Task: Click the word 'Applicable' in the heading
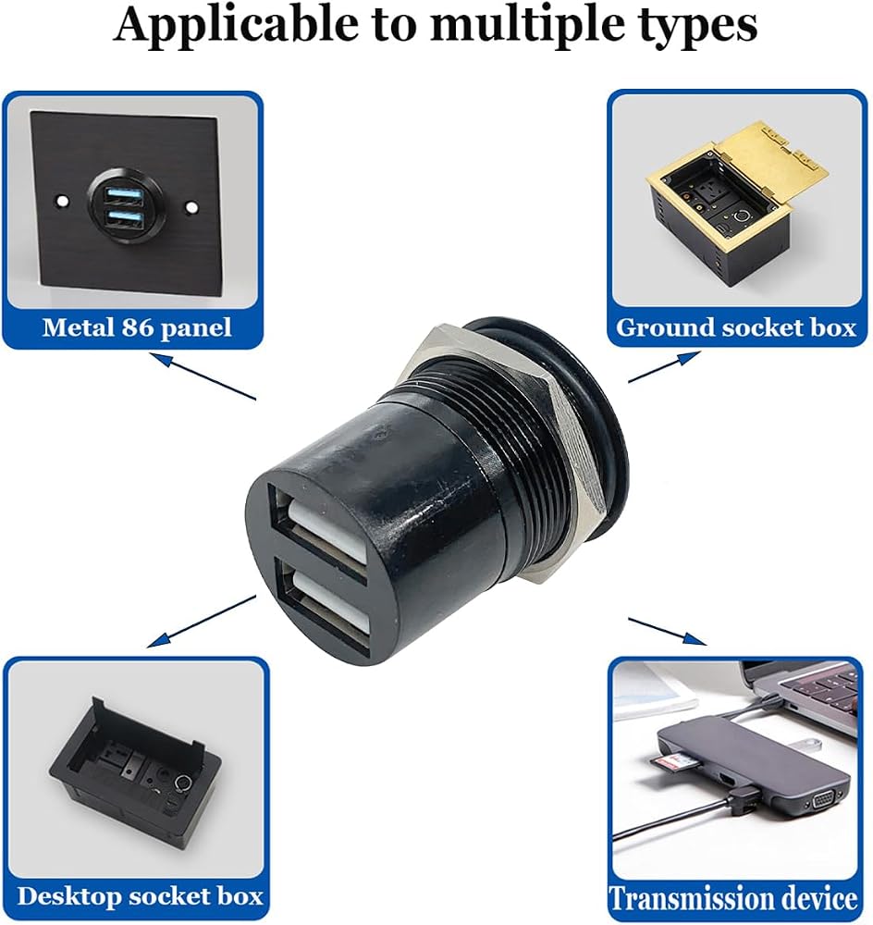[x=235, y=24]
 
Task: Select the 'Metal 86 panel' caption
[x=137, y=327]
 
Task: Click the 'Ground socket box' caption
[x=735, y=327]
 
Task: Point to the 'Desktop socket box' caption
[x=140, y=896]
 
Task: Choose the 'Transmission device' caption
[x=733, y=898]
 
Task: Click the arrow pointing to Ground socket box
[x=664, y=366]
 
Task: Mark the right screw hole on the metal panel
[x=191, y=208]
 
